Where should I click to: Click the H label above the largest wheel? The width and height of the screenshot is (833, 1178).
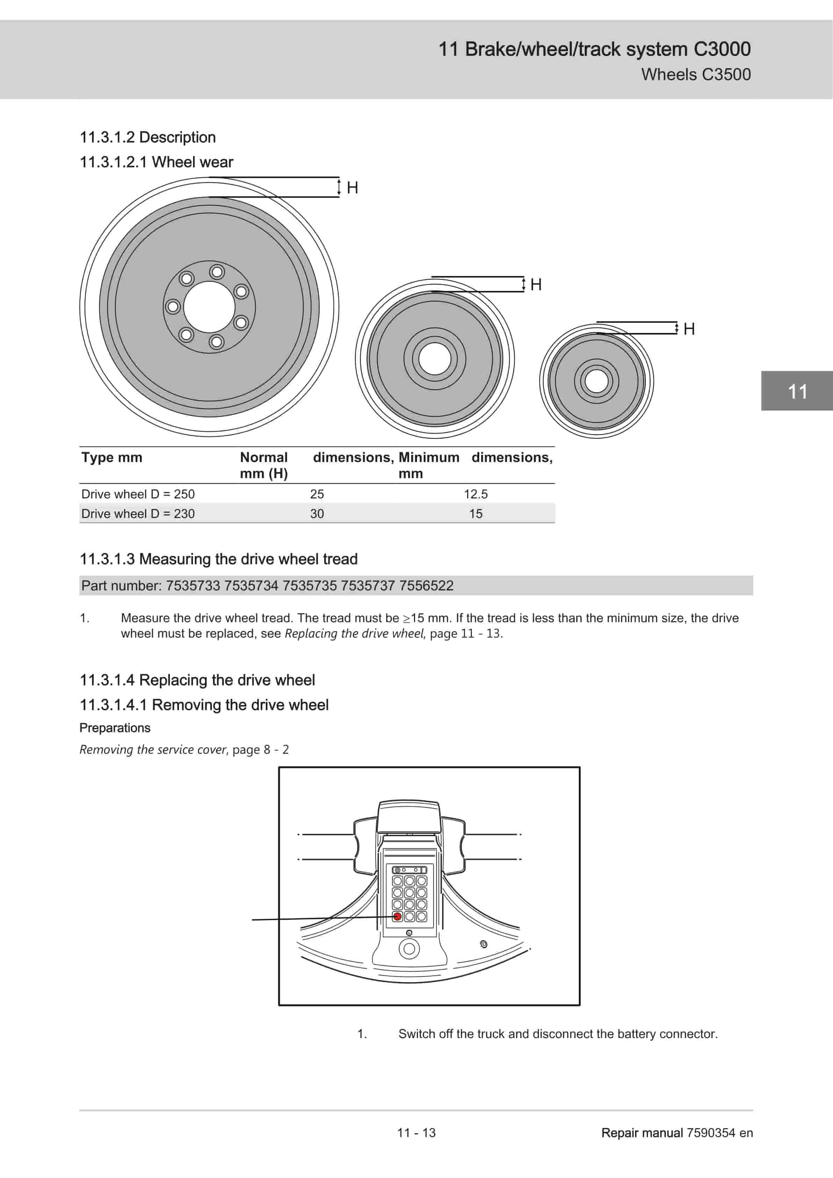pos(353,188)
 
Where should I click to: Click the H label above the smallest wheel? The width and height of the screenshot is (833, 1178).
pos(689,329)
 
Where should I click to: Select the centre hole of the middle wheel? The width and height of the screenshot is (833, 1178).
pos(434,358)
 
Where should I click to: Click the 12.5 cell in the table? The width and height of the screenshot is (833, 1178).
pos(476,494)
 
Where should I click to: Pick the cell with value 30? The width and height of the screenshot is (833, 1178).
pos(317,513)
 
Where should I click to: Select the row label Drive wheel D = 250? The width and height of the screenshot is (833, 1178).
pos(138,494)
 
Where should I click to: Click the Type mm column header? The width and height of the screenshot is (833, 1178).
pos(112,457)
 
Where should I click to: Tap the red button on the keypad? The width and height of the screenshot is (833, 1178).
pos(397,916)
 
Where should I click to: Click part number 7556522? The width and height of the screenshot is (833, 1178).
pos(426,586)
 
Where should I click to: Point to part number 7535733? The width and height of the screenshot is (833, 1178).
pos(193,586)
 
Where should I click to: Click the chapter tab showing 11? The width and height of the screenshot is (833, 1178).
pos(797,391)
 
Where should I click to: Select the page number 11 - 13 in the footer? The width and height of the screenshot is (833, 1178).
pos(416,1132)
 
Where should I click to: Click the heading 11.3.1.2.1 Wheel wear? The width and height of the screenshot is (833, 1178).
pos(156,162)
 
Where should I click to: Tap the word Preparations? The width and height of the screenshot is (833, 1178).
pos(115,728)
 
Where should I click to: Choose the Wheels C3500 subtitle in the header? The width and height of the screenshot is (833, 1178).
pos(696,74)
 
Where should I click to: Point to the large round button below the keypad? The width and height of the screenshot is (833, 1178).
pos(409,949)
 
